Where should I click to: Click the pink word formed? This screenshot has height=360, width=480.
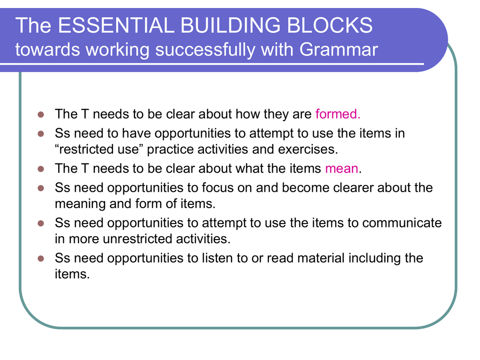(337, 114)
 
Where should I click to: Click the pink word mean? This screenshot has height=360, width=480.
(342, 168)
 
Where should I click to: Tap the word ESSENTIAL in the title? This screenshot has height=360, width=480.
(116, 25)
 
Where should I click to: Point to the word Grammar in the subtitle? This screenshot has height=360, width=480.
(338, 49)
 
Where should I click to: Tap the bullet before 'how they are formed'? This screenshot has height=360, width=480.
(41, 114)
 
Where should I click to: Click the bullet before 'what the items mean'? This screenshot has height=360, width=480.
(41, 169)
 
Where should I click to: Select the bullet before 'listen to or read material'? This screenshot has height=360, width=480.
(41, 259)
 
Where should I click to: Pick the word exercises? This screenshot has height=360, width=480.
(308, 149)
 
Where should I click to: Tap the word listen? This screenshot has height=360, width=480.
(218, 258)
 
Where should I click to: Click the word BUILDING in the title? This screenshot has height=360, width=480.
(230, 25)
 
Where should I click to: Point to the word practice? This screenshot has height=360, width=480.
(170, 150)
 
